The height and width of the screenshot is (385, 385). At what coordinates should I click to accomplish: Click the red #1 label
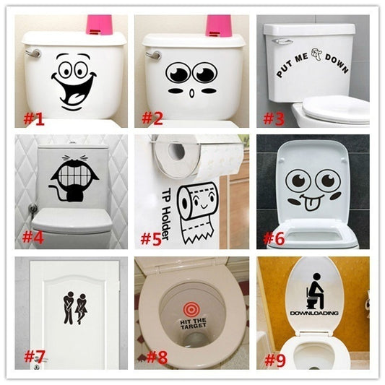[34, 119]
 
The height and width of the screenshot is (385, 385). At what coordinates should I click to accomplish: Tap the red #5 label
[151, 238]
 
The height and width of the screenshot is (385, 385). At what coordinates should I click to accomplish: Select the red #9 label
[275, 360]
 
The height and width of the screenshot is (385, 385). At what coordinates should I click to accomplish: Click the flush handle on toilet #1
[33, 53]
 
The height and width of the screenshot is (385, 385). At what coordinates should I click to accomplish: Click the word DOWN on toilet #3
[337, 64]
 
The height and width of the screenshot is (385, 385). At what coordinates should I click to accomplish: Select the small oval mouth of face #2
[192, 94]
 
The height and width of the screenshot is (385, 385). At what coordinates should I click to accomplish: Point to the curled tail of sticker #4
[58, 194]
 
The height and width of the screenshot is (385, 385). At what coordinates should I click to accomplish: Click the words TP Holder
[166, 214]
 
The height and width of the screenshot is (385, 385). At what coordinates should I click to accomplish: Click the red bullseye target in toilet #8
[191, 310]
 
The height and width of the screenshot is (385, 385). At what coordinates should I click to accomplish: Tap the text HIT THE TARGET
[193, 324]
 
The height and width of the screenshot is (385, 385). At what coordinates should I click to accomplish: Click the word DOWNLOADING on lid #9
[314, 313]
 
